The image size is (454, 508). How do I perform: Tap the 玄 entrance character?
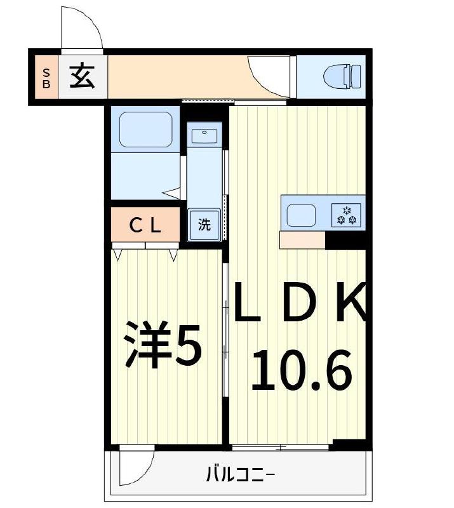pyautogui.click(x=82, y=77)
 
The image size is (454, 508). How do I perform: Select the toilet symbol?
pyautogui.click(x=342, y=77)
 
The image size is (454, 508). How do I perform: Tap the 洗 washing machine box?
pyautogui.click(x=204, y=224)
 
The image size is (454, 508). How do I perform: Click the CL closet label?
pyautogui.click(x=146, y=225)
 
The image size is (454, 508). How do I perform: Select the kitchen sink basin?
pyautogui.click(x=302, y=215)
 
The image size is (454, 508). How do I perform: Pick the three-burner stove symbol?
pyautogui.click(x=347, y=215)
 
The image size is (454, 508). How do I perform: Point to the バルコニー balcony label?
pyautogui.click(x=240, y=473)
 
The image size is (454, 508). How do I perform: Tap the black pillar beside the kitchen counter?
pyautogui.click(x=345, y=240)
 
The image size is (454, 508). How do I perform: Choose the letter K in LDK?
pyautogui.click(x=349, y=301)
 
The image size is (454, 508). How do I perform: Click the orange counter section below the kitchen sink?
pyautogui.click(x=302, y=240)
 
